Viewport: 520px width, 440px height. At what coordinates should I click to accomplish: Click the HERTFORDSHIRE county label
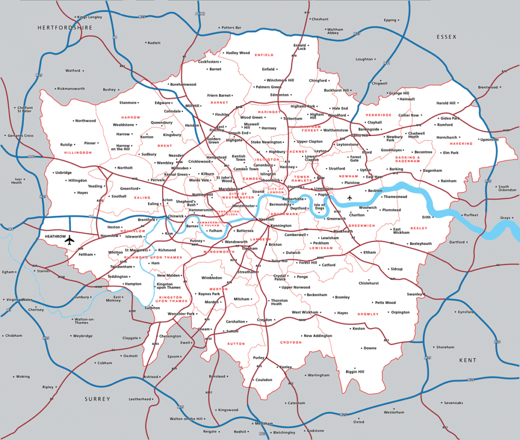coord(65,27)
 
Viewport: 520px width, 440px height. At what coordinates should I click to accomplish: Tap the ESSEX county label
coord(446,37)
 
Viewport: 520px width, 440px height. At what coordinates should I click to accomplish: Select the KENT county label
coord(468,360)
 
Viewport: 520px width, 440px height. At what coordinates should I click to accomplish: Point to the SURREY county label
coord(97,399)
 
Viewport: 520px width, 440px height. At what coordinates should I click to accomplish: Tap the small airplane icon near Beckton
coord(349,198)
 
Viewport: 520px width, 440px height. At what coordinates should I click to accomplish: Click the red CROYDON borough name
coord(291,342)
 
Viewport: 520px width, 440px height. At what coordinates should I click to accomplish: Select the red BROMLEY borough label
coord(368,314)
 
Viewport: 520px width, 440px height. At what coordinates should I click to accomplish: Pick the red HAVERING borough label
coord(461,144)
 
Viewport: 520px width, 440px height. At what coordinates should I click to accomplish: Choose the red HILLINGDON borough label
coord(78,152)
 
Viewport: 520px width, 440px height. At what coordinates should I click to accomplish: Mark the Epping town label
coord(389,20)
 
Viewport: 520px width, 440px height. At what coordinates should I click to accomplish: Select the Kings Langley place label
coord(89,17)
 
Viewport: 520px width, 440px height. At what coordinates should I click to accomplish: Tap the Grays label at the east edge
coord(505,218)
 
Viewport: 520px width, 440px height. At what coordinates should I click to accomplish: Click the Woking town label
coord(23,376)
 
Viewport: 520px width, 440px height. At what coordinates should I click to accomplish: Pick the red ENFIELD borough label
coord(264,55)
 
